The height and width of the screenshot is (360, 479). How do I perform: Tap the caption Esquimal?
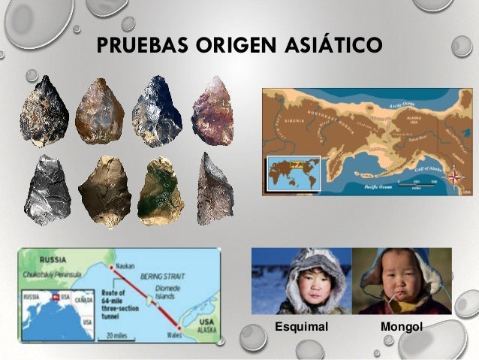click(302, 327)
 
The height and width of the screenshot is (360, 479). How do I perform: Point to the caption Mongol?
click(402, 327)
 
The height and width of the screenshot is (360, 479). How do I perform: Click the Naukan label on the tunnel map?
click(125, 257)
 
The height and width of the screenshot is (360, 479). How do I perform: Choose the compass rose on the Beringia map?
click(454, 177)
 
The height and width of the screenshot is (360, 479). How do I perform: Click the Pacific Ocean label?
click(379, 184)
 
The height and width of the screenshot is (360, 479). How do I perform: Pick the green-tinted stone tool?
click(160, 191)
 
